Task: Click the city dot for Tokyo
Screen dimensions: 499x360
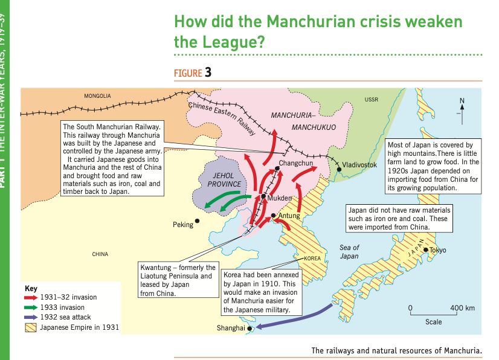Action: click(426, 249)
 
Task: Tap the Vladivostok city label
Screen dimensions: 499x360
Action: click(359, 165)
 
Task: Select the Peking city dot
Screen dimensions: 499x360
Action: click(197, 221)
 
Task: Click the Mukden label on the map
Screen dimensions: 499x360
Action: click(279, 198)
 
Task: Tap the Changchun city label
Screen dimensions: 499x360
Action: click(296, 164)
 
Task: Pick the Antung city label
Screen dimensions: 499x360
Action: click(289, 216)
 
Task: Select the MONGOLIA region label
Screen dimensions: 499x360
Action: click(97, 96)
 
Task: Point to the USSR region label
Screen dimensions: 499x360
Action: click(372, 99)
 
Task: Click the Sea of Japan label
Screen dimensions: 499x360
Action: click(349, 252)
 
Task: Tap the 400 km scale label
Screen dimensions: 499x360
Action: click(462, 309)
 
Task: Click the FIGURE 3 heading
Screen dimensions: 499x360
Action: click(192, 73)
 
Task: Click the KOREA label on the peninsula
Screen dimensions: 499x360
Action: click(311, 258)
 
